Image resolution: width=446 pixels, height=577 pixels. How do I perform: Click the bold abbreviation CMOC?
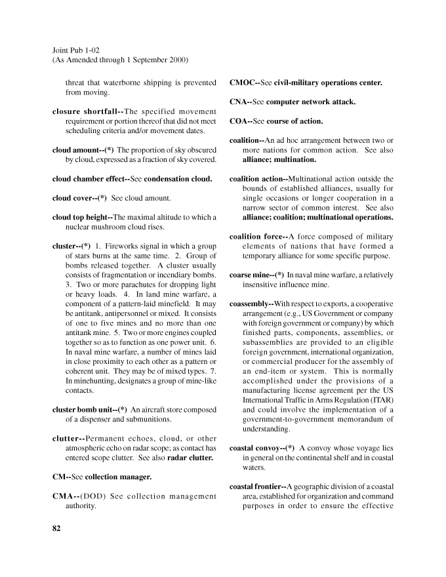click(x=243, y=83)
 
